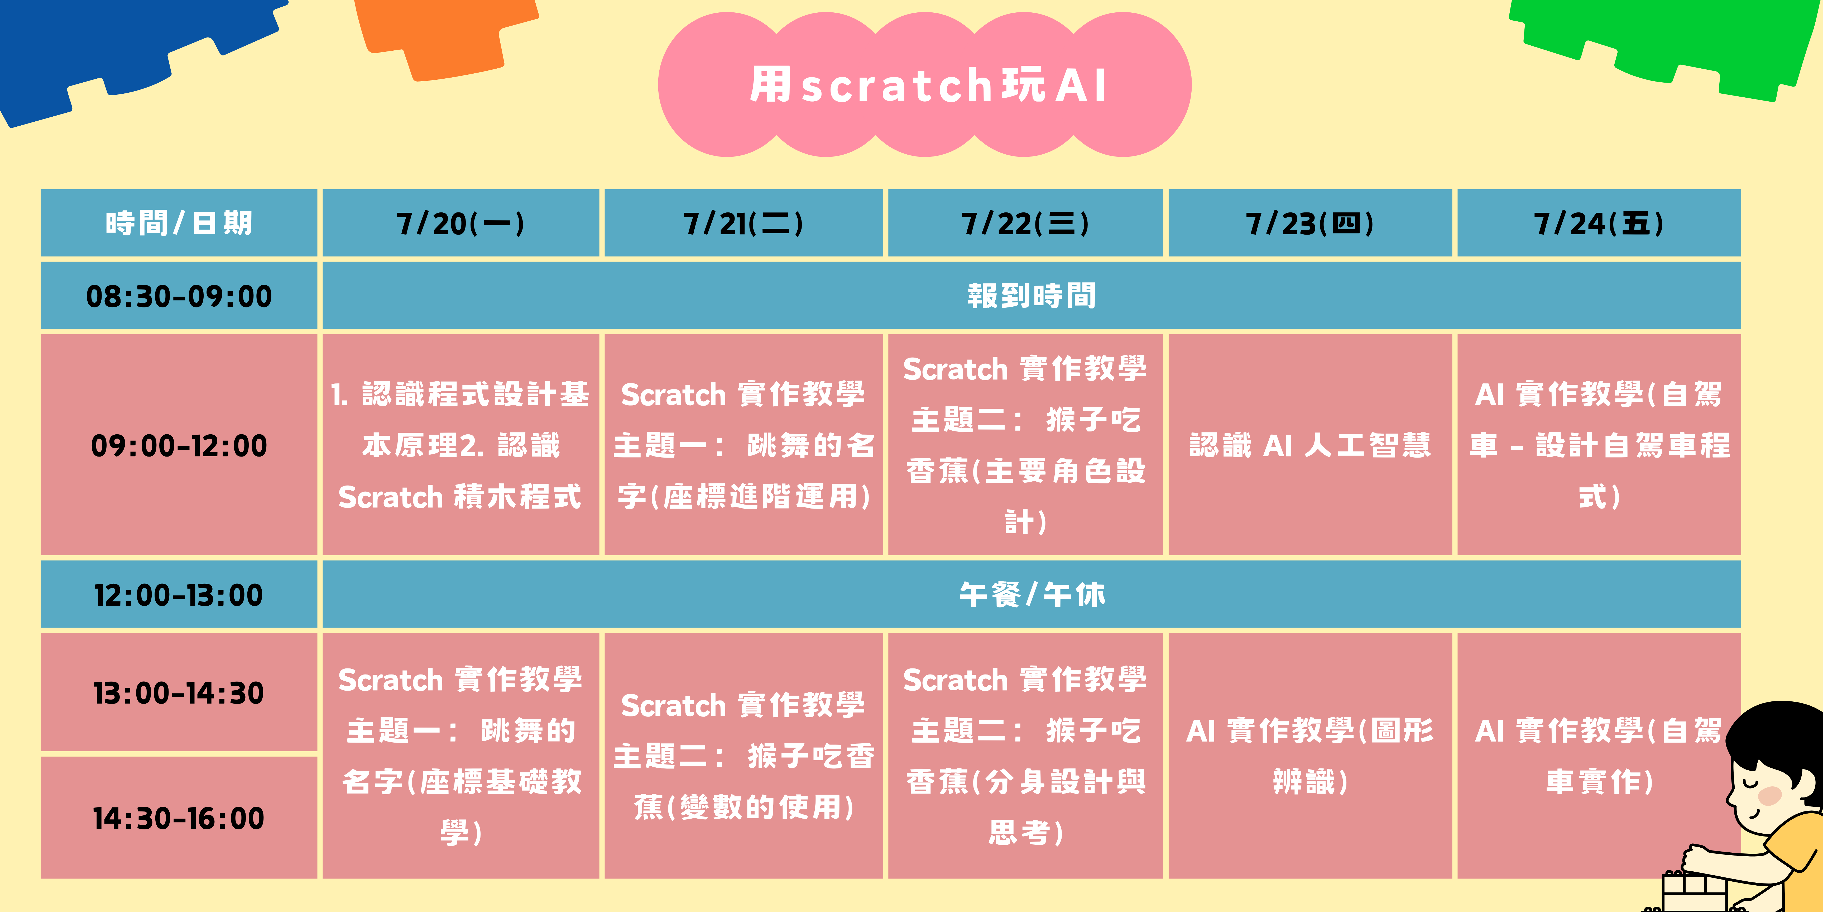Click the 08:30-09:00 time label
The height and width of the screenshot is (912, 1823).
coord(179,296)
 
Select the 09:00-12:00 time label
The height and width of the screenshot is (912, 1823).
coord(179,445)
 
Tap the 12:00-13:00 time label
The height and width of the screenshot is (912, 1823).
coord(179,595)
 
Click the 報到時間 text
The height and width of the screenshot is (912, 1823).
coord(1032,296)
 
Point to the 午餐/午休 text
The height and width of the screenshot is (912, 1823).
coord(1032,595)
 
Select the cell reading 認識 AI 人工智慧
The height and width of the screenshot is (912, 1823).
coord(1310,445)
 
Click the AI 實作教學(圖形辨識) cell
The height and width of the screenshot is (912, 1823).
coord(1310,756)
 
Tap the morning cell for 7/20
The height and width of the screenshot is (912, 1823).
coord(461,445)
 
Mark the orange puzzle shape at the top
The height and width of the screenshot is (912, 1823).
coord(446,35)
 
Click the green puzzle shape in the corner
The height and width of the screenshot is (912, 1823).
coord(1663,42)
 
